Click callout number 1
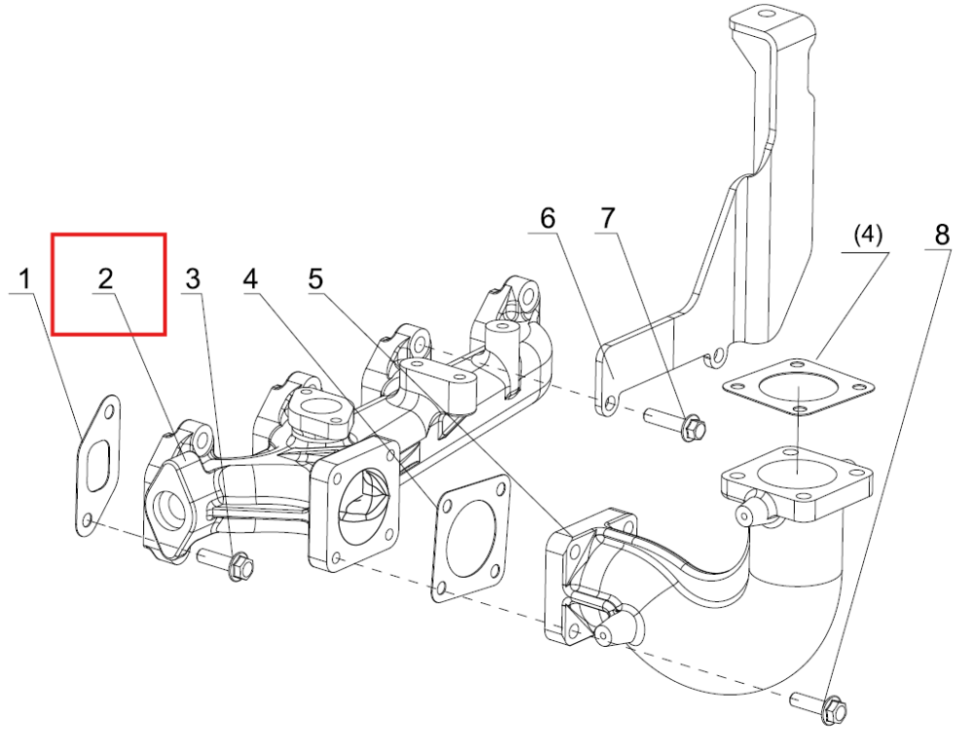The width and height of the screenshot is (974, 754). click(25, 280)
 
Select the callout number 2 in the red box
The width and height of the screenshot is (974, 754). click(105, 280)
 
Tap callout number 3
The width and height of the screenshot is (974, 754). click(193, 280)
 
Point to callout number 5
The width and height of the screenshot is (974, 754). click(316, 279)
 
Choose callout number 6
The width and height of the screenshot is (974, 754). click(547, 218)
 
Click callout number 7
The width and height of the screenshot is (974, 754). click(608, 218)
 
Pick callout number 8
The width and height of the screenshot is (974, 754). click(942, 235)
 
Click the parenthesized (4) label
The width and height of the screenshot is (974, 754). click(868, 235)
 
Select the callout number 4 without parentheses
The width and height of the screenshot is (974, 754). click(250, 280)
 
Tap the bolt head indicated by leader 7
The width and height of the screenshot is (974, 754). click(693, 428)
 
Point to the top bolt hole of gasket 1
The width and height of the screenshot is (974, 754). click(109, 412)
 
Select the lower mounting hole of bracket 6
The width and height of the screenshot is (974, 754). click(610, 405)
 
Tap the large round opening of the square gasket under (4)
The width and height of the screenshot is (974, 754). click(797, 393)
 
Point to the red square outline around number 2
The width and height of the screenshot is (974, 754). click(53, 283)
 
